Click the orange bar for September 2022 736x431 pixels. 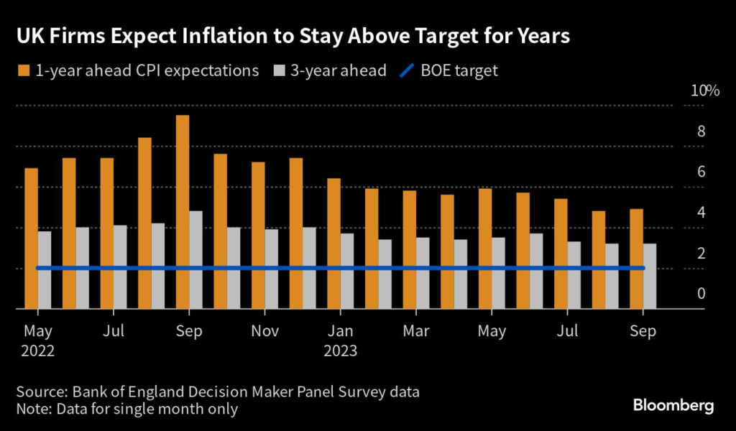tap(183, 212)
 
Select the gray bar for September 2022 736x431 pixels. tap(195, 260)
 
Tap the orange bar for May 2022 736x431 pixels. tap(31, 238)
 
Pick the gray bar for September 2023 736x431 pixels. tap(649, 277)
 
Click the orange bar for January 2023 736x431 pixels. tap(333, 244)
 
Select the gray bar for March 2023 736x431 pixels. tap(423, 273)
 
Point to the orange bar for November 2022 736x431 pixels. tap(258, 236)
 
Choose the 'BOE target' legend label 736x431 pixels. tap(460, 70)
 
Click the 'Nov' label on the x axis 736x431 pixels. tap(265, 331)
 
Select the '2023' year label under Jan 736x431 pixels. tap(341, 351)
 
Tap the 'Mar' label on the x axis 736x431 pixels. tap(417, 331)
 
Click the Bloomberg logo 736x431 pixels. tap(673, 407)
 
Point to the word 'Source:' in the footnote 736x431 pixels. tap(40, 392)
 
